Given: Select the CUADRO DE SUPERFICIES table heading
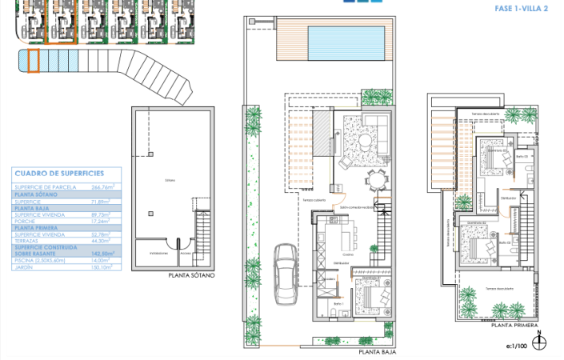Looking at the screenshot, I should pos(59,173).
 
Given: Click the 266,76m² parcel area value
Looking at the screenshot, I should pos(103,187).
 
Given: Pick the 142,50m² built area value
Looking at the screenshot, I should pos(103,253).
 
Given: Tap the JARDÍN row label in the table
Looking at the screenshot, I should pos(25,267).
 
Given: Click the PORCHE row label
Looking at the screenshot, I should pos(26,220).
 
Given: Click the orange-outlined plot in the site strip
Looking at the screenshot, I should pos(33,61).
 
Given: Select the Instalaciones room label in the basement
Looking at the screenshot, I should pos(158,252).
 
